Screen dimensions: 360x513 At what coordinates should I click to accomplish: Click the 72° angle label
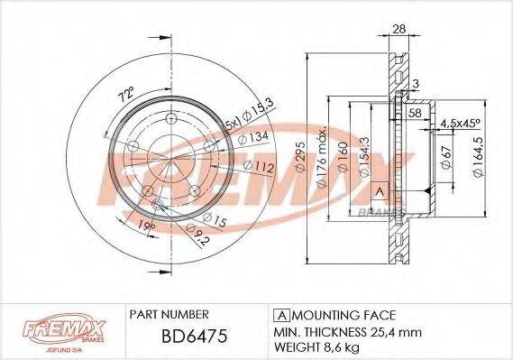(x=126, y=93)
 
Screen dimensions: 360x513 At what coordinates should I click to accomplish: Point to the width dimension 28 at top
(x=398, y=29)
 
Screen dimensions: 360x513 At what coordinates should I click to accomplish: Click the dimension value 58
(x=415, y=113)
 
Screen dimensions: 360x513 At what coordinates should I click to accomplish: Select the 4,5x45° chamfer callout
(x=462, y=125)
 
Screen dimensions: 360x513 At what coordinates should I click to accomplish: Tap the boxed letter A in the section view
(x=380, y=191)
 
